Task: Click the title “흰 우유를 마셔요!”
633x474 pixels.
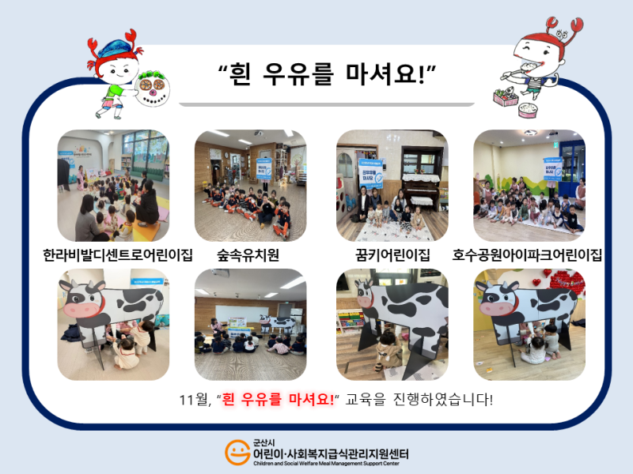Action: click(328, 76)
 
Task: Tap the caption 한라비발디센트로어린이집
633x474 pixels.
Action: click(118, 255)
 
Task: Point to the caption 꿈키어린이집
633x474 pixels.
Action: click(392, 255)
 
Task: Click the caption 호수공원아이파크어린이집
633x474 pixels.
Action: click(527, 255)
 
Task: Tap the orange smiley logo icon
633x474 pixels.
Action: click(237, 453)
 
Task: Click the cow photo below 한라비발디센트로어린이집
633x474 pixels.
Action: click(113, 324)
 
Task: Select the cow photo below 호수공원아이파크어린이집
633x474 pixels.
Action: click(529, 324)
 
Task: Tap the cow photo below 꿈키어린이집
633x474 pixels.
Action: click(392, 324)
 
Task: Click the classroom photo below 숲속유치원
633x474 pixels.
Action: click(250, 324)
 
